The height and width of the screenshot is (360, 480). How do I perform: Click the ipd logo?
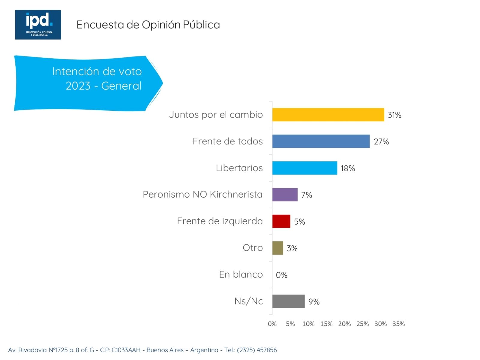38,25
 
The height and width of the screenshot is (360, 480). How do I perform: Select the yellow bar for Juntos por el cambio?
328,115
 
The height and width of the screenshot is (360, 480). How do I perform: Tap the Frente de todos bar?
321,141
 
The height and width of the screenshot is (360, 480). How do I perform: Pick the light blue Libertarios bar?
304,168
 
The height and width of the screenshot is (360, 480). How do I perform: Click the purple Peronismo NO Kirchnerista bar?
285,195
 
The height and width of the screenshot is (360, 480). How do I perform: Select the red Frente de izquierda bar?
281,221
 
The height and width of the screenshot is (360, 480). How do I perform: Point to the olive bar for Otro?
277,248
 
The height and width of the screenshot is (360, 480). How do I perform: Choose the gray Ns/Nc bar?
288,301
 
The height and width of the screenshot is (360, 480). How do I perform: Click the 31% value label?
394,115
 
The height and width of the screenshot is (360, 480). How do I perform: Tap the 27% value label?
381,142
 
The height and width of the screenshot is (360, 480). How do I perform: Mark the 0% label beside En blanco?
281,275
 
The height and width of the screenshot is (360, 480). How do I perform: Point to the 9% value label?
314,302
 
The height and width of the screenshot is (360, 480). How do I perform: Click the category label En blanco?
241,274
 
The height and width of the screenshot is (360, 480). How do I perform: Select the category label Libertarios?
239,168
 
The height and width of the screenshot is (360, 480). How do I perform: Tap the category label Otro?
253,248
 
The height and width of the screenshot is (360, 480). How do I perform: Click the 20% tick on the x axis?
344,324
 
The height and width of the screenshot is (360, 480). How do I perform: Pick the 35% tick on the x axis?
398,324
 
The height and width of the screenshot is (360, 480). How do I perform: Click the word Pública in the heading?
201,25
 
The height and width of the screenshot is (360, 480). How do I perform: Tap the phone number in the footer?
257,350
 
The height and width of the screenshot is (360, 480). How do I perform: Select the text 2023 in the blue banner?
78,86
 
